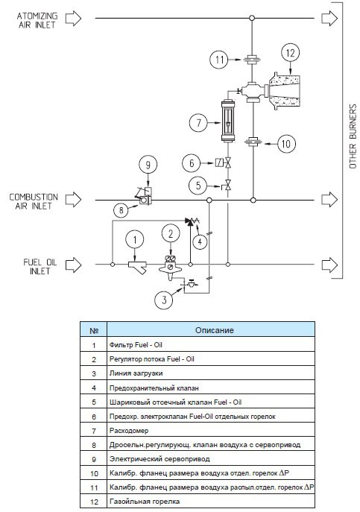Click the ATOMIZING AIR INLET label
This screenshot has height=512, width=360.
click(x=37, y=20)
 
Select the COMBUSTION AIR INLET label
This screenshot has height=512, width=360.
click(x=34, y=201)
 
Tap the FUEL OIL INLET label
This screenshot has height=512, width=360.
click(x=40, y=267)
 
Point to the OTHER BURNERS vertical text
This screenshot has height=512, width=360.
click(x=353, y=136)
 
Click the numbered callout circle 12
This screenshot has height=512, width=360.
click(x=290, y=53)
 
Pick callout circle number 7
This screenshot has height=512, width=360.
click(x=198, y=123)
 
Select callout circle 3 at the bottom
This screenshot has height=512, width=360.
click(x=164, y=299)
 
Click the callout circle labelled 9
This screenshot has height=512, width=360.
click(x=148, y=165)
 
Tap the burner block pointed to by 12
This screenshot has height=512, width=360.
click(x=283, y=91)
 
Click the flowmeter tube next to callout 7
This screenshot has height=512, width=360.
click(x=227, y=121)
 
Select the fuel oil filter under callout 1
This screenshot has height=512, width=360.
click(x=138, y=267)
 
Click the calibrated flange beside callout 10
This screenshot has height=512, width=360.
click(x=253, y=142)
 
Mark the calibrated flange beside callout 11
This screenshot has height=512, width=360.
click(x=252, y=60)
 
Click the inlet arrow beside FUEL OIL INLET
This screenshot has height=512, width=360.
click(x=74, y=265)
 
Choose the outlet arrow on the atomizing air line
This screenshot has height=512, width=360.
click(x=329, y=18)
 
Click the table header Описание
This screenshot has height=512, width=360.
click(x=215, y=330)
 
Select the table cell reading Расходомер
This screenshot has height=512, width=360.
click(x=129, y=431)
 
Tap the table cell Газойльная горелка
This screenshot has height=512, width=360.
click(x=145, y=502)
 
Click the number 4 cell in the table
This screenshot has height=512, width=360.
click(x=94, y=388)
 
